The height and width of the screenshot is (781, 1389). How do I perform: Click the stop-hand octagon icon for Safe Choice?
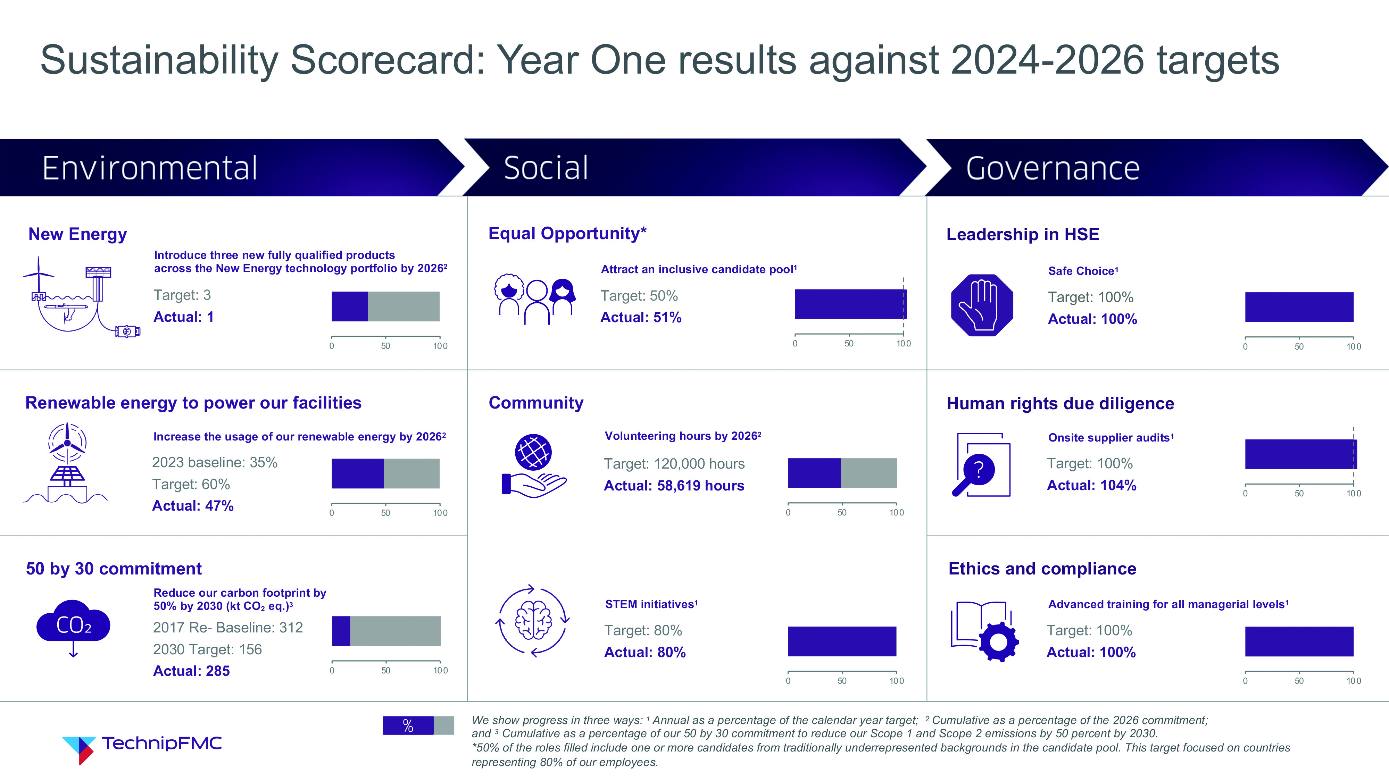pyautogui.click(x=982, y=305)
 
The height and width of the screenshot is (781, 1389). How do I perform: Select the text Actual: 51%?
pyautogui.click(x=641, y=318)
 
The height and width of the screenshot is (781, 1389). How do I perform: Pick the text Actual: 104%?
pyautogui.click(x=1091, y=485)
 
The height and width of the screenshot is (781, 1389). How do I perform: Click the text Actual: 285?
pyautogui.click(x=191, y=671)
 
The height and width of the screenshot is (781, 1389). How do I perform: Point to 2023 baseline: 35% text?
pyautogui.click(x=215, y=462)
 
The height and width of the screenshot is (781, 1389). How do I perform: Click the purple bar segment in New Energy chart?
pyautogui.click(x=349, y=306)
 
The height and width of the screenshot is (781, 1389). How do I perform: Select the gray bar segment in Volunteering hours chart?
pyautogui.click(x=869, y=473)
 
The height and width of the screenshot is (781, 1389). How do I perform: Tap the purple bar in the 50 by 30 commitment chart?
pyautogui.click(x=341, y=631)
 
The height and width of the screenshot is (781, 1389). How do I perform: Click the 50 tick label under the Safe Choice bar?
pyautogui.click(x=1299, y=346)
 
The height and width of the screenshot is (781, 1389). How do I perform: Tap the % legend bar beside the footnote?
pyautogui.click(x=418, y=725)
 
